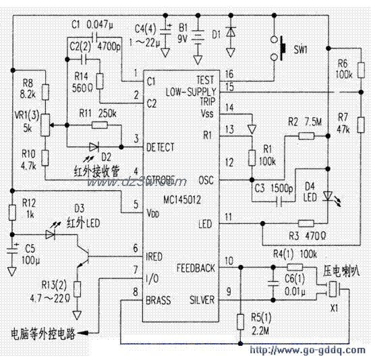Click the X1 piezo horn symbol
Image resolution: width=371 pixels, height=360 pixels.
pyautogui.click(x=335, y=290)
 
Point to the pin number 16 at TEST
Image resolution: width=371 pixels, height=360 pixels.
pyautogui.click(x=230, y=73)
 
